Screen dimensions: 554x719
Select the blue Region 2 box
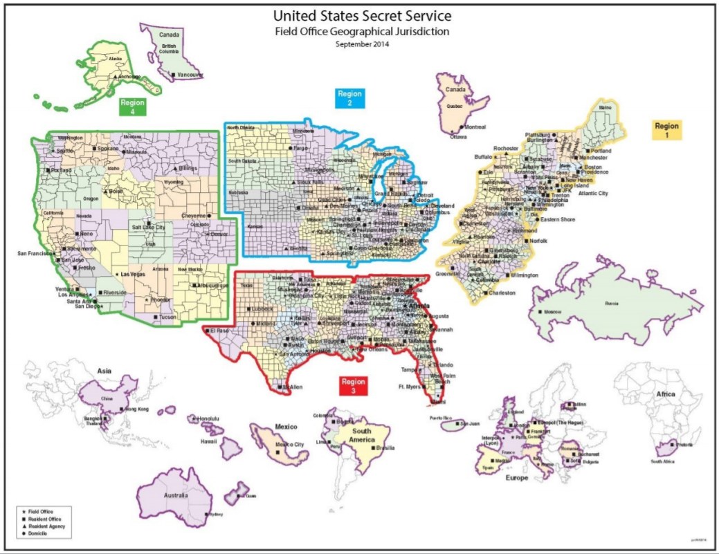pos(350,98)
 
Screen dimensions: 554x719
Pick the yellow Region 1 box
pos(667,129)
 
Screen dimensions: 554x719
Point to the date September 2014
pos(362,44)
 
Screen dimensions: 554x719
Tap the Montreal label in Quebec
pos(475,127)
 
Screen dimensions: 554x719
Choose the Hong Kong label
pos(137,409)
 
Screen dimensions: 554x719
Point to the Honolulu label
pos(208,418)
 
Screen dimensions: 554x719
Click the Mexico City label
pos(289,444)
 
